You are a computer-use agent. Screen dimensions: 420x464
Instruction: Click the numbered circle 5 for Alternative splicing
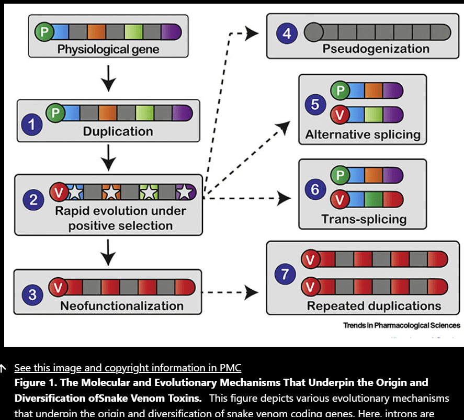315,105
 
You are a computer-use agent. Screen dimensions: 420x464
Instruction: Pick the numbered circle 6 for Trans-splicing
315,189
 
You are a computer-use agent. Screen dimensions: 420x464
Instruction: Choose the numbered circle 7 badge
285,274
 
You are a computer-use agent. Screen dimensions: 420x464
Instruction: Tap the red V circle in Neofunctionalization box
59,287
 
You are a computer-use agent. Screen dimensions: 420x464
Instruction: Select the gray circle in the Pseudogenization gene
313,32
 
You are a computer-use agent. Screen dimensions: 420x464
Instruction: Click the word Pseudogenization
376,49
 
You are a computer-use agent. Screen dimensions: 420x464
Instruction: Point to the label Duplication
118,131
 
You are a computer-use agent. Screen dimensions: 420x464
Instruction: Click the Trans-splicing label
364,219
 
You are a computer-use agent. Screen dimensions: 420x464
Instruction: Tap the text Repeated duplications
374,306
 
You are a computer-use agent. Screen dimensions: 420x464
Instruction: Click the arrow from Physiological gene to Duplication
108,80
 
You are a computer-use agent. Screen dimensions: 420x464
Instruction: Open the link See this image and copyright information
128,368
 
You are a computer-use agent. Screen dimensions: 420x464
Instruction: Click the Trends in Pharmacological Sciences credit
401,325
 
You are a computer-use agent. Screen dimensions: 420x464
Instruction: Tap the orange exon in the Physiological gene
97,32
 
